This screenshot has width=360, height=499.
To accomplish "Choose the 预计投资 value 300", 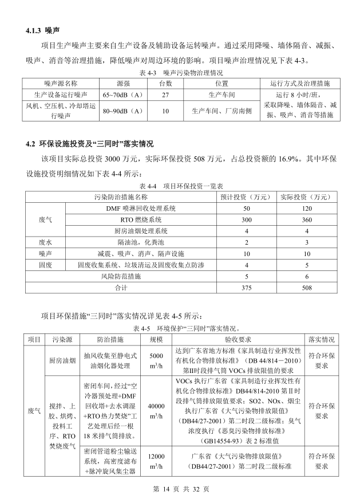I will tap(247, 220).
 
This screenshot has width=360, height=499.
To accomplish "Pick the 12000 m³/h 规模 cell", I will tap(156, 461).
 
